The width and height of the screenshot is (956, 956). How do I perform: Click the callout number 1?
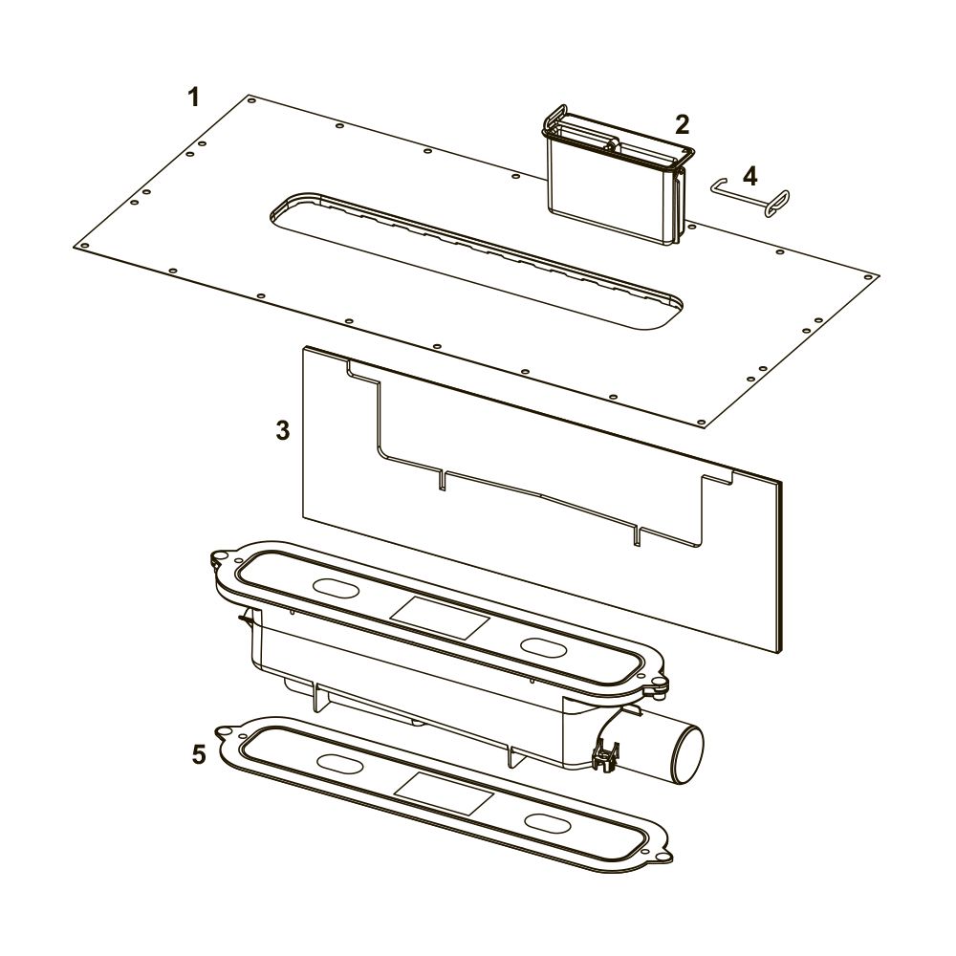[194, 98]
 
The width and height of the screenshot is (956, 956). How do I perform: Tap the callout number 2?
[682, 124]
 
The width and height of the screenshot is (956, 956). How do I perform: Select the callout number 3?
[282, 430]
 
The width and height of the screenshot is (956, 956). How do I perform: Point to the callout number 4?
[750, 176]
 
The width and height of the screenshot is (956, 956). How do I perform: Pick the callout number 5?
[200, 754]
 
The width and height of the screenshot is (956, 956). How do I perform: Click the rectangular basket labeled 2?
[616, 177]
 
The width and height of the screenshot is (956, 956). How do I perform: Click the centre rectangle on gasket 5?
[444, 793]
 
